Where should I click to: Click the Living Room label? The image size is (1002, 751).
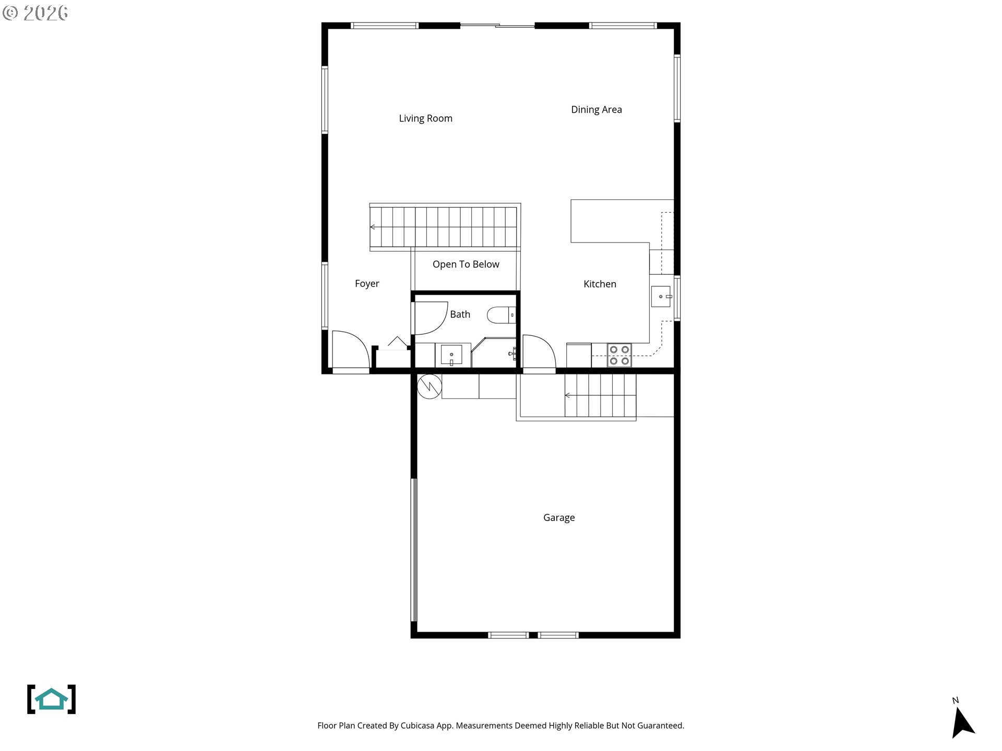coord(425,118)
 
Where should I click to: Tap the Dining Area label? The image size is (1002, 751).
coord(596,110)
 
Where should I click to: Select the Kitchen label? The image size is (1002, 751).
coord(600,284)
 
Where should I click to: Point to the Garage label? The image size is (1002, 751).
coord(559,517)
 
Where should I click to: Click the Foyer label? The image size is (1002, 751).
coord(367,284)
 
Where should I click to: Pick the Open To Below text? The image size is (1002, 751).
coord(466,264)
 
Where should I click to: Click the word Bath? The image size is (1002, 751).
coord(460,314)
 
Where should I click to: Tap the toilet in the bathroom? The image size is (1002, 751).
coord(502,315)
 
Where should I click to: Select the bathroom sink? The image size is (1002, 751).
coord(451,355)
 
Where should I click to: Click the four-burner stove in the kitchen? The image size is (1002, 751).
coord(619,355)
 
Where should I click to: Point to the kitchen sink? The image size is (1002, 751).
coord(661,296)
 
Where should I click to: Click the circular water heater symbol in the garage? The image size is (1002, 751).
coord(430,386)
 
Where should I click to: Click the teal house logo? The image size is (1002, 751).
coord(51,699)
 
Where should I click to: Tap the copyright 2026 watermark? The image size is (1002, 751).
coord(35,13)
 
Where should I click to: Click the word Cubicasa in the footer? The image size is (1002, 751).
coord(417,725)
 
